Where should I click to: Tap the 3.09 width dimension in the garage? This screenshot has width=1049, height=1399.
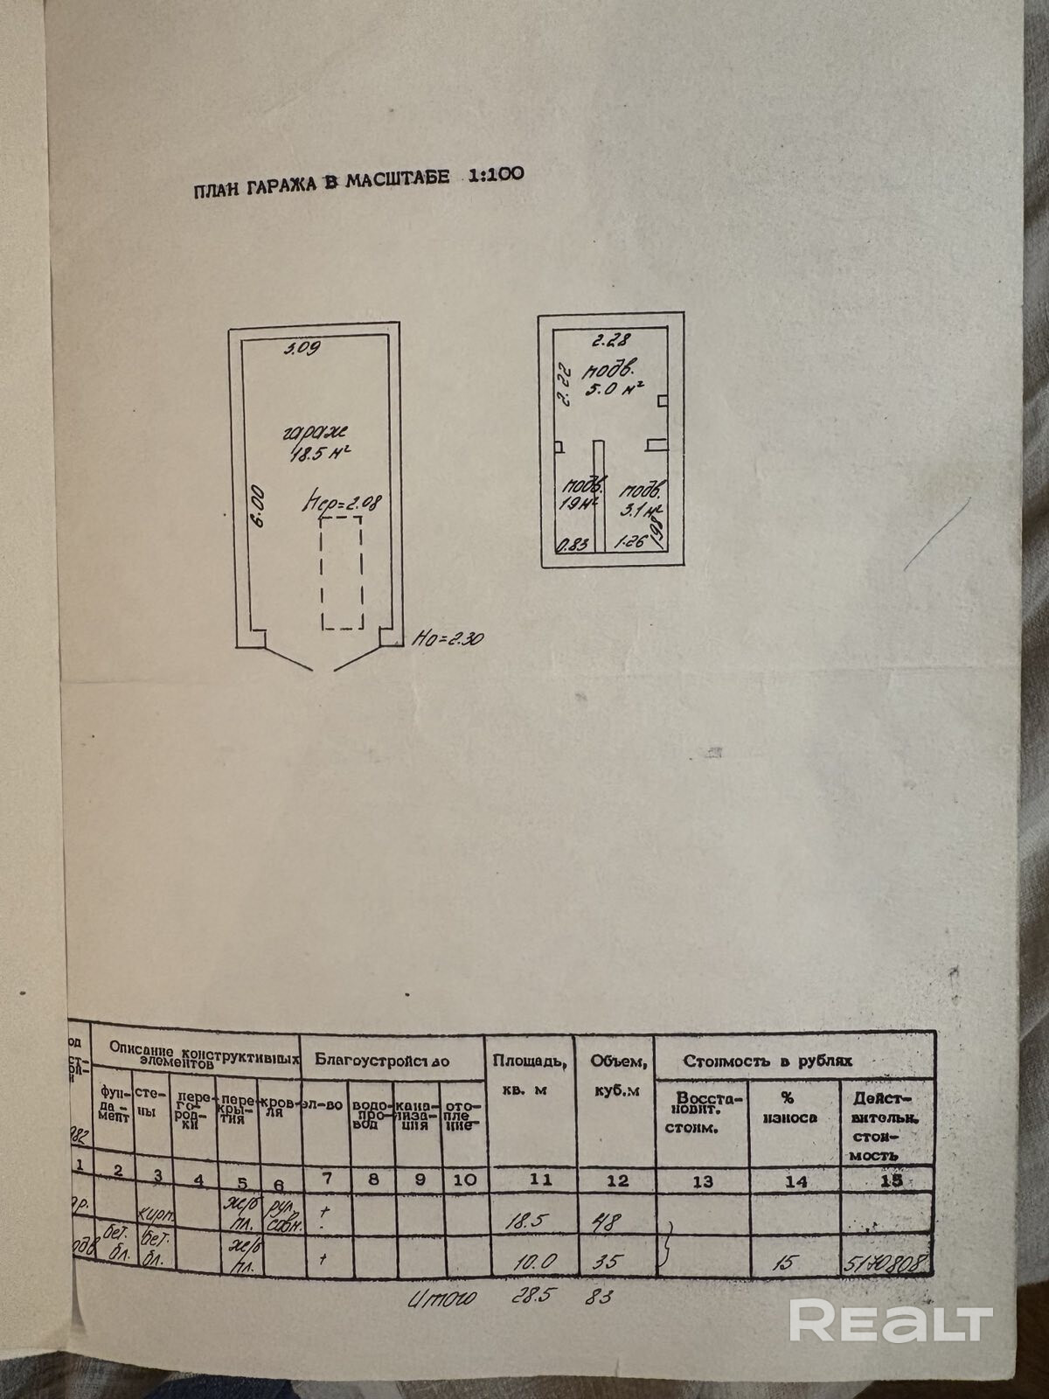pyautogui.click(x=305, y=348)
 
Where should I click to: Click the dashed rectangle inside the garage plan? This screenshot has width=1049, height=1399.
pyautogui.click(x=341, y=573)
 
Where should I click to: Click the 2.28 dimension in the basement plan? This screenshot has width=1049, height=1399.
pyautogui.click(x=612, y=340)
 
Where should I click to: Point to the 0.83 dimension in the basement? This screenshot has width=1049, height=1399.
pyautogui.click(x=573, y=544)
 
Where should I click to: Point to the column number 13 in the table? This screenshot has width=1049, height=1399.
pyautogui.click(x=702, y=1181)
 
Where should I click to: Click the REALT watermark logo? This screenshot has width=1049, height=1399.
pyautogui.click(x=891, y=1319)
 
